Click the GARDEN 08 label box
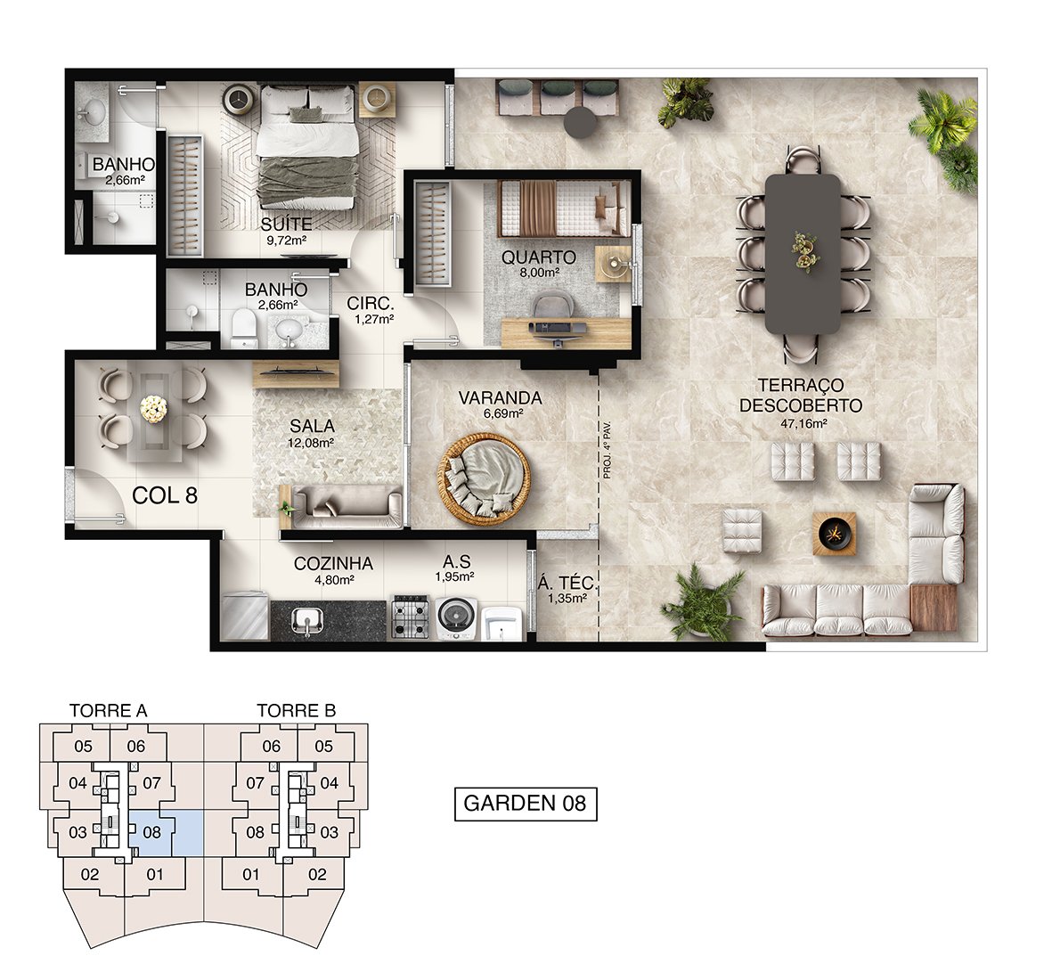[x=526, y=803]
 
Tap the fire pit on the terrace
[x=835, y=533]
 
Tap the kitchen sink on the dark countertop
[x=308, y=621]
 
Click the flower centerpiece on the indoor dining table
[x=154, y=409]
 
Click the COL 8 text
[x=165, y=495]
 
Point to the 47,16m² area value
[x=803, y=423]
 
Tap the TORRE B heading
[x=296, y=710]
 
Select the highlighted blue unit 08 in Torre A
[x=165, y=832]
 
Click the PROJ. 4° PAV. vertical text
[x=608, y=449]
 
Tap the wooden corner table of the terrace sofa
[x=934, y=608]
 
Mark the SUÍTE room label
[x=287, y=224]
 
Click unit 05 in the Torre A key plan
[x=83, y=746]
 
